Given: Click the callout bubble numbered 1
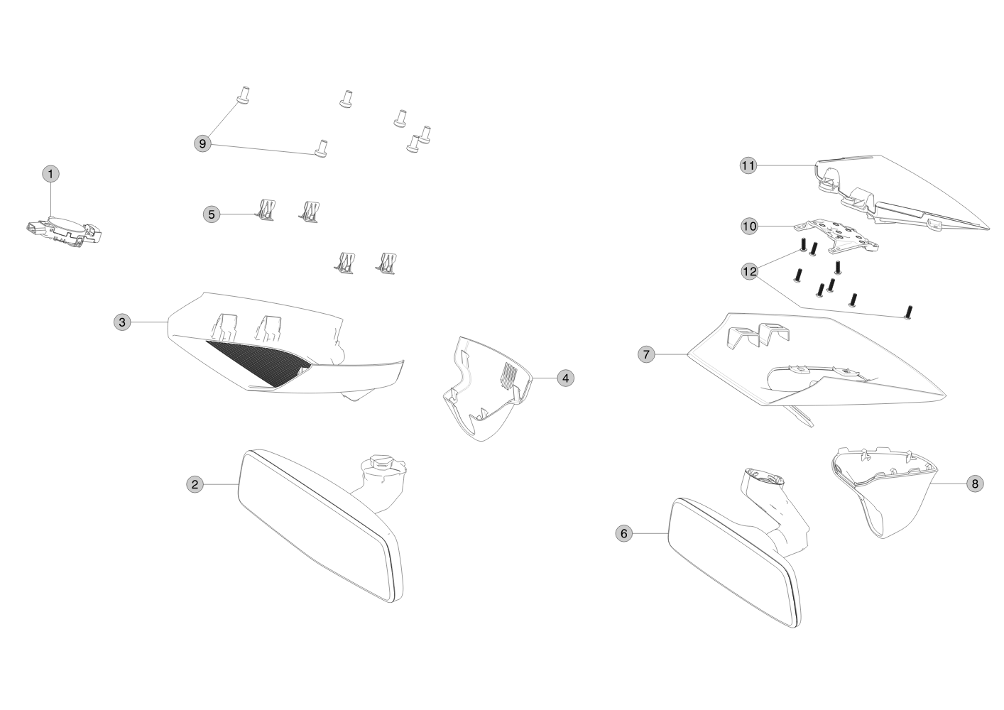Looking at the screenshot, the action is [x=50, y=174].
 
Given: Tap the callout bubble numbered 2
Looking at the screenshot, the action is [x=195, y=484].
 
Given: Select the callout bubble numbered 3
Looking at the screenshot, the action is [x=122, y=322].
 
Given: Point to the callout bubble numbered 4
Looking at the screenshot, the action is [x=566, y=378].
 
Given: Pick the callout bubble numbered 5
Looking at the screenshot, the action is [x=212, y=214].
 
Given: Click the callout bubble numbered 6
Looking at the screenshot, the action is [x=624, y=534].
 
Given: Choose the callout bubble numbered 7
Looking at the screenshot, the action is [x=646, y=355].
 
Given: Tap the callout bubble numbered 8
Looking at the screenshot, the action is [x=975, y=484].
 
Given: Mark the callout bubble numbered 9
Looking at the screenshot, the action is [x=202, y=144].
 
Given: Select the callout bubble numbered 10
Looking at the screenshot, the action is [x=749, y=226].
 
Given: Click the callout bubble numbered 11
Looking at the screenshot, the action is [x=748, y=166].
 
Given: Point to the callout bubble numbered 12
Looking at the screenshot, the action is [x=749, y=272].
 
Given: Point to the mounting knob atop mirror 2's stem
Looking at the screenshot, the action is [x=382, y=462].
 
